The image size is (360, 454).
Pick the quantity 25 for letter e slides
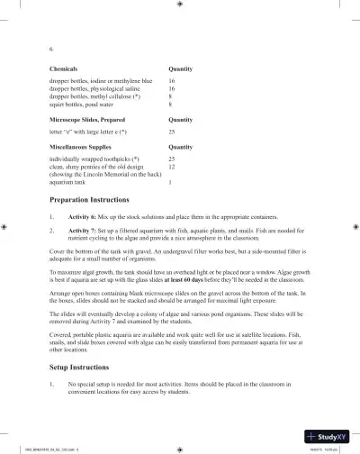[x=172, y=132]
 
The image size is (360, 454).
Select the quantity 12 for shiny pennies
[x=172, y=167]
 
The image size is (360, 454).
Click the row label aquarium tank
[x=71, y=182]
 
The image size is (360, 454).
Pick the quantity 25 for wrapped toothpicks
[x=172, y=159]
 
